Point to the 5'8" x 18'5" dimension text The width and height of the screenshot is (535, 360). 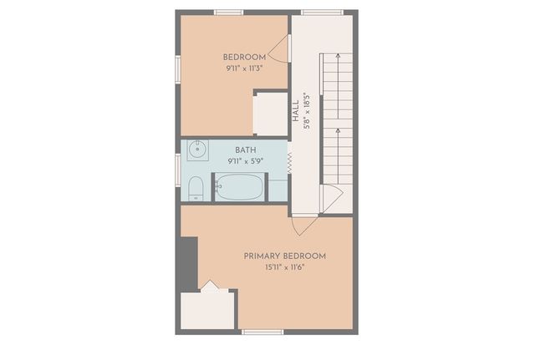(x=308, y=109)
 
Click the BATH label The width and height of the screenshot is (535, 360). (x=245, y=150)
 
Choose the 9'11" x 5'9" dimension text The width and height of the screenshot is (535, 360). (x=245, y=160)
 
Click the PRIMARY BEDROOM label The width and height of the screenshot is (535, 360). (x=284, y=256)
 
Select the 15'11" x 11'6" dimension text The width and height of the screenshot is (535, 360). (x=284, y=267)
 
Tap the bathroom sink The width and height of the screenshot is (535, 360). (x=196, y=150)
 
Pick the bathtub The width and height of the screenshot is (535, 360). (x=240, y=187)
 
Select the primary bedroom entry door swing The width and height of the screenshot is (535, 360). (x=303, y=225)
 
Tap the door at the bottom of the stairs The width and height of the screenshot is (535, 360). (x=331, y=197)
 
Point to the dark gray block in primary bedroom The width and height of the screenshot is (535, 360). (x=188, y=264)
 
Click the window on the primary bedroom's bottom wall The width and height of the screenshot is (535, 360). (x=262, y=332)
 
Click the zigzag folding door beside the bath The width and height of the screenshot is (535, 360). (x=289, y=165)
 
